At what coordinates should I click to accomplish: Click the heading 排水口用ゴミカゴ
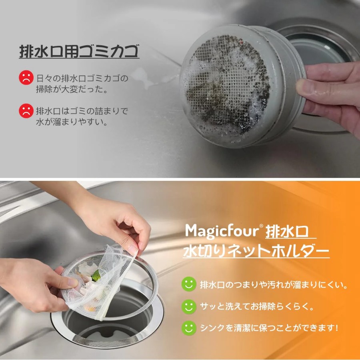pos(79,51)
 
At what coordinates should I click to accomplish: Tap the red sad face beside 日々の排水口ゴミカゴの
pos(26,77)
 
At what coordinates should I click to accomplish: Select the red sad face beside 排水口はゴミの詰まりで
pos(26,111)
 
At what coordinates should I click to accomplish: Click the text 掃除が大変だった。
pos(72,89)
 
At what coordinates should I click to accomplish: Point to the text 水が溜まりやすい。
pos(72,122)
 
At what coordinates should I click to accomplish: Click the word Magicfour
pos(222,231)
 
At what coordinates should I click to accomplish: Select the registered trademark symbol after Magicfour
pos(261,226)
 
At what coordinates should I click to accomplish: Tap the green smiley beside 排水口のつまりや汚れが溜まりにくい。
pos(189,284)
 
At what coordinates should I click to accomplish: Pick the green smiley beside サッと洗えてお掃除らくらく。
pos(189,306)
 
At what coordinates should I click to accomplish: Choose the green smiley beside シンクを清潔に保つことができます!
pos(189,328)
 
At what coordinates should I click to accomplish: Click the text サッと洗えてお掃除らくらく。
pos(257,306)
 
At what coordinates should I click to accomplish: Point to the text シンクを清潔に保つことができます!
pos(269,328)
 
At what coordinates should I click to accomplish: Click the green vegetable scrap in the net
pos(96,275)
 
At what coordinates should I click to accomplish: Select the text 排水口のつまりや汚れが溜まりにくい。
pos(274,285)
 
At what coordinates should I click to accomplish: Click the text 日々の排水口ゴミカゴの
pos(82,78)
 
